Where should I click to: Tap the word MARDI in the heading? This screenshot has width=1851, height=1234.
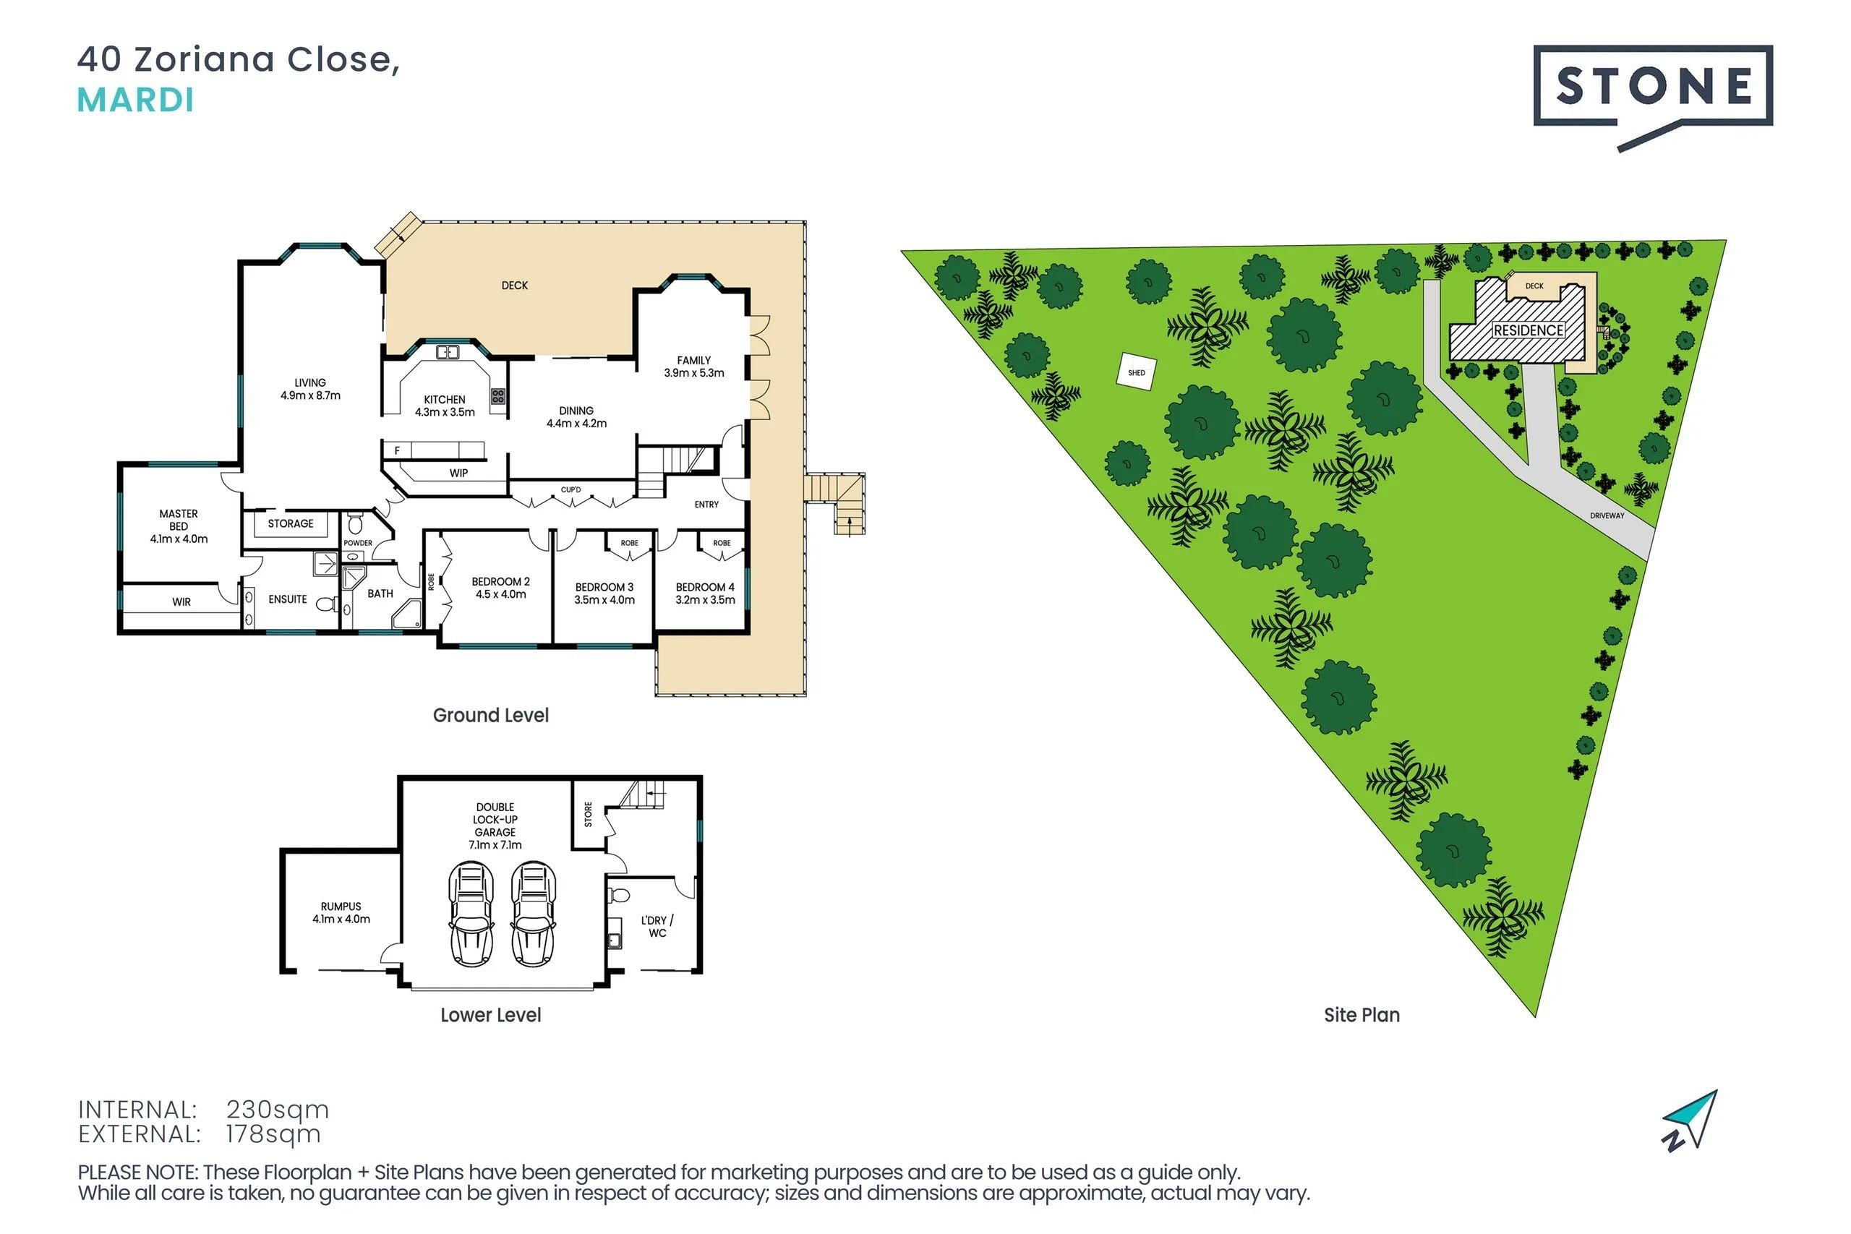[135, 100]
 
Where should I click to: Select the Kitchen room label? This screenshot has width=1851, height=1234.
[445, 406]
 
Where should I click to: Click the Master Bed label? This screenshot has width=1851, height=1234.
[179, 526]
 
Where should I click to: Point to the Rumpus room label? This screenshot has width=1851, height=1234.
[341, 912]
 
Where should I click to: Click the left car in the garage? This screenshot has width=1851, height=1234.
[471, 914]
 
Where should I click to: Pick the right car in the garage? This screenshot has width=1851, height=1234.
[534, 914]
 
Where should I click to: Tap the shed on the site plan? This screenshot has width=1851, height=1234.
[1137, 372]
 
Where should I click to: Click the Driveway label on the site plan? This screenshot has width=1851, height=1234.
[1607, 515]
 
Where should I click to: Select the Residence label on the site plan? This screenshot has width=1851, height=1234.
[1529, 330]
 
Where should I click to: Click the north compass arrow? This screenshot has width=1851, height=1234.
[1692, 1121]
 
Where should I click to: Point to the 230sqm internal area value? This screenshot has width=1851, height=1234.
[277, 1109]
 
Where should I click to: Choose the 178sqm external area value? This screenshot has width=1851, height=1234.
[273, 1134]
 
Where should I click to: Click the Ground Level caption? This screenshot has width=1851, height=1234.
[491, 716]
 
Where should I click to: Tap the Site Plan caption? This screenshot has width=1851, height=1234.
[1361, 1015]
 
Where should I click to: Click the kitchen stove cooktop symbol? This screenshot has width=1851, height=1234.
[498, 396]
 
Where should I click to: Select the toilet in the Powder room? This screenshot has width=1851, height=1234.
[355, 523]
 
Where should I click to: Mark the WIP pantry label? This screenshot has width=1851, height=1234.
[459, 473]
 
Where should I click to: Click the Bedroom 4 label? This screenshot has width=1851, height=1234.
[705, 594]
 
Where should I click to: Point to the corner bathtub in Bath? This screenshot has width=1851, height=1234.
[409, 614]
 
